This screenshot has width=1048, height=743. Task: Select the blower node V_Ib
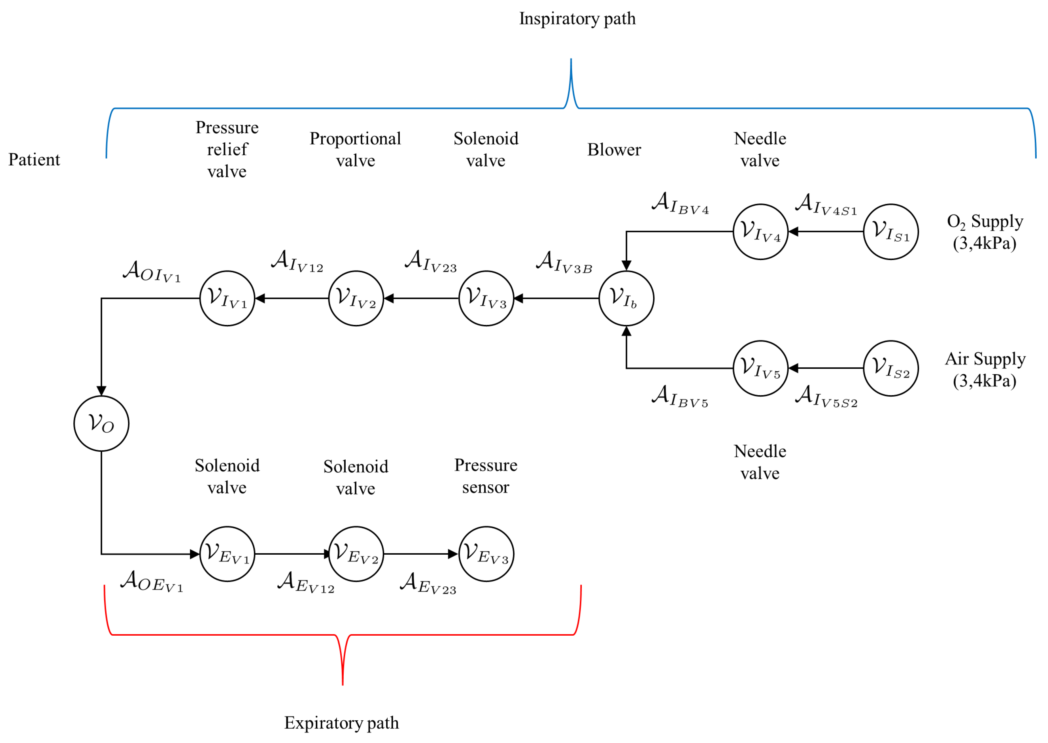tap(626, 298)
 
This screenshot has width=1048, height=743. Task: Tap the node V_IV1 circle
tap(227, 298)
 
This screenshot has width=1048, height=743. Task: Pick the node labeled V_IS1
tap(890, 231)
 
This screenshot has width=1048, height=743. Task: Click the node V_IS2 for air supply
tap(890, 368)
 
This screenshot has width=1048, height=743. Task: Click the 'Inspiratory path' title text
tap(577, 19)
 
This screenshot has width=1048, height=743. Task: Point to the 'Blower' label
tap(614, 150)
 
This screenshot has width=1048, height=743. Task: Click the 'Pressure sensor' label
tap(486, 476)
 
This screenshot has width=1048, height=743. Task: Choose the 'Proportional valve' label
tap(355, 150)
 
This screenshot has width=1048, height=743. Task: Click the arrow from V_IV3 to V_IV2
tap(421, 298)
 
